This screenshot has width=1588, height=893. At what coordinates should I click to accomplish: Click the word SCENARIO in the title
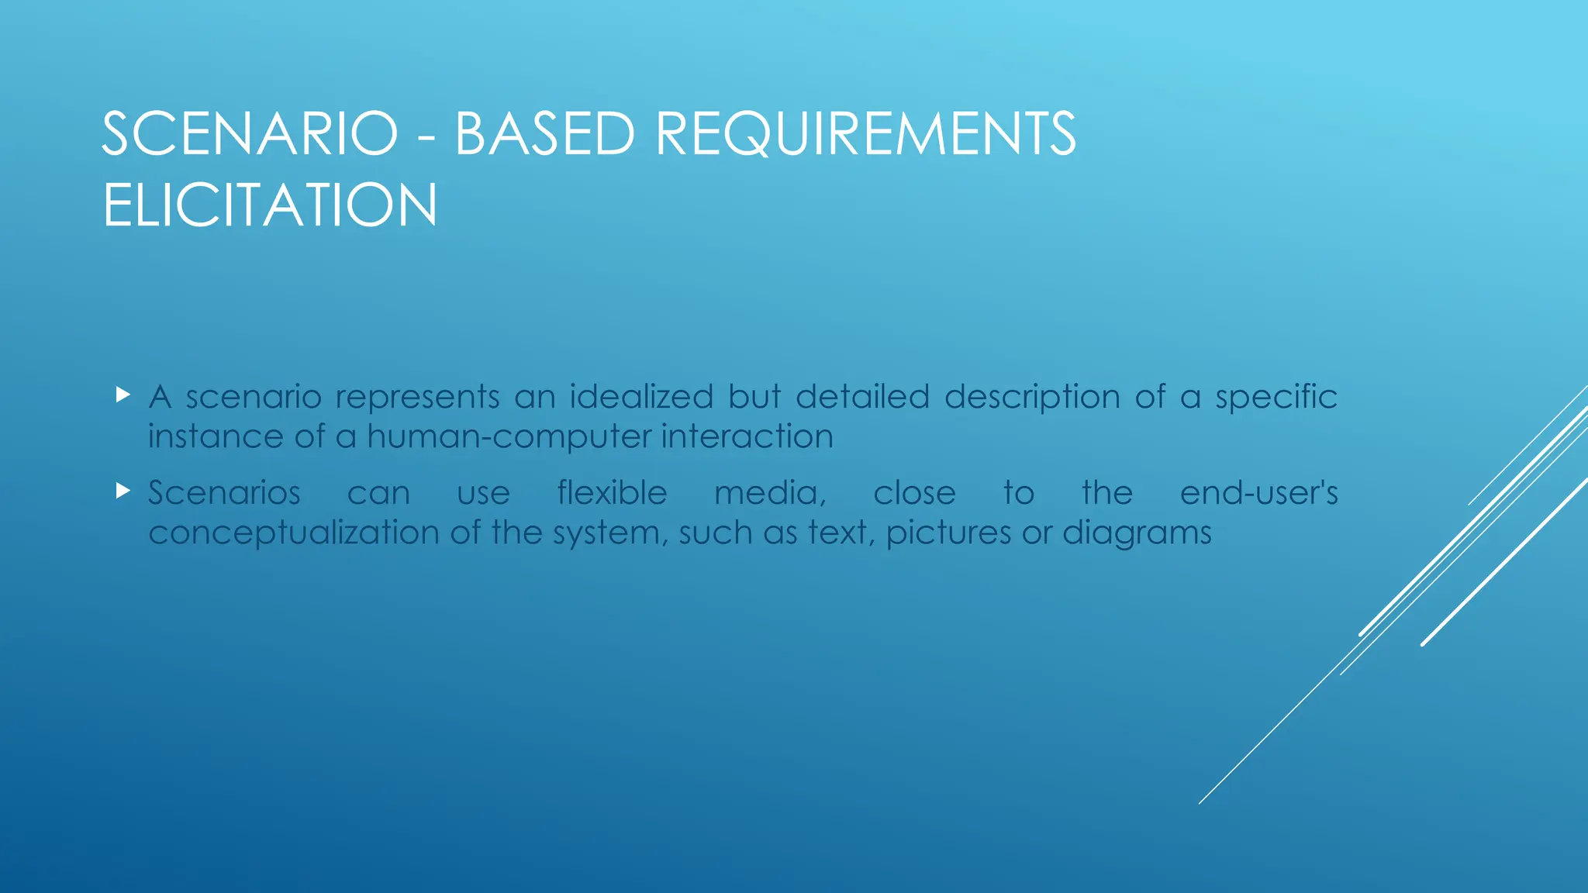pyautogui.click(x=250, y=134)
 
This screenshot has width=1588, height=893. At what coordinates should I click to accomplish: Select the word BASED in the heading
pyautogui.click(x=544, y=134)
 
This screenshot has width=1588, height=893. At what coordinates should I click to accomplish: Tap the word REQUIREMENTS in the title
pyautogui.click(x=865, y=134)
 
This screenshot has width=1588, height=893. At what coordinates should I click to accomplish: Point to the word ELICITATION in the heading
pyautogui.click(x=270, y=205)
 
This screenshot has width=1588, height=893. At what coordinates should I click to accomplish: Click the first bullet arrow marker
pyautogui.click(x=123, y=395)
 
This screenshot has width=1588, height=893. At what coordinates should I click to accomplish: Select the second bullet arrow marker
pyautogui.click(x=123, y=491)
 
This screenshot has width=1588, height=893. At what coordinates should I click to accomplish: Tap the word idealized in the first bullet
pyautogui.click(x=641, y=397)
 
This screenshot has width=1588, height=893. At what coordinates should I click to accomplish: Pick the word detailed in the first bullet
pyautogui.click(x=862, y=397)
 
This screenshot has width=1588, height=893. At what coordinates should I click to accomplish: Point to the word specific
pyautogui.click(x=1276, y=397)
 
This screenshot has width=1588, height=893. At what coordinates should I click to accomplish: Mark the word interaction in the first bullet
pyautogui.click(x=747, y=436)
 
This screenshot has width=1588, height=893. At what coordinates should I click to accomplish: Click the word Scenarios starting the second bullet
pyautogui.click(x=224, y=493)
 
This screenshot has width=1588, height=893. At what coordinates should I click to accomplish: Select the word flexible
pyautogui.click(x=612, y=493)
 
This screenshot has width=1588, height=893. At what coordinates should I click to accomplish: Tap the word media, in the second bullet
pyautogui.click(x=770, y=494)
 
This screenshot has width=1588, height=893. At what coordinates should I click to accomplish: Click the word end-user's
pyautogui.click(x=1258, y=493)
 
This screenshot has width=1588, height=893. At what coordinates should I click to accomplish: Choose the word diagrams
pyautogui.click(x=1137, y=534)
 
